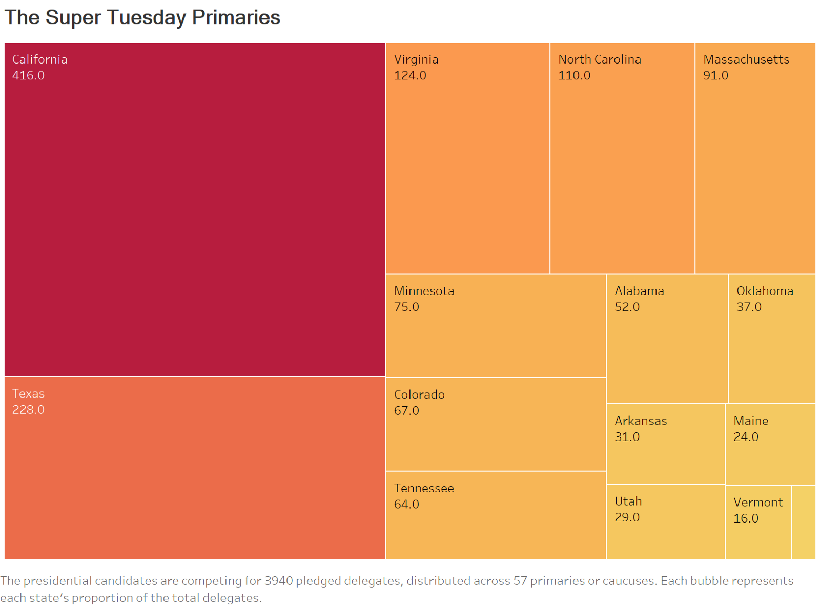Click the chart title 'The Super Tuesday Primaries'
[x=142, y=17]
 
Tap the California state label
[x=39, y=59]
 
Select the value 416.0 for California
[x=28, y=75]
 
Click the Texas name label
[x=28, y=393]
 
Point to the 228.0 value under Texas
[x=28, y=410]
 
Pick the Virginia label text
[x=416, y=59]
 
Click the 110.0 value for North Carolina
[x=574, y=75]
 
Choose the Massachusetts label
[x=746, y=59]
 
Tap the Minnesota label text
[x=424, y=291]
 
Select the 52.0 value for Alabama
[x=627, y=307]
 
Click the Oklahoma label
[x=765, y=291]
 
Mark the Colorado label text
[x=419, y=394]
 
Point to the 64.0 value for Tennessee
[x=406, y=504]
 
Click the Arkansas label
[x=641, y=421]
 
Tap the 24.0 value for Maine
[x=746, y=437]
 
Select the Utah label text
[x=628, y=501]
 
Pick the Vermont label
[x=757, y=502]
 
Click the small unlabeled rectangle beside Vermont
[x=803, y=521]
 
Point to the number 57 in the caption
[x=520, y=581]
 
